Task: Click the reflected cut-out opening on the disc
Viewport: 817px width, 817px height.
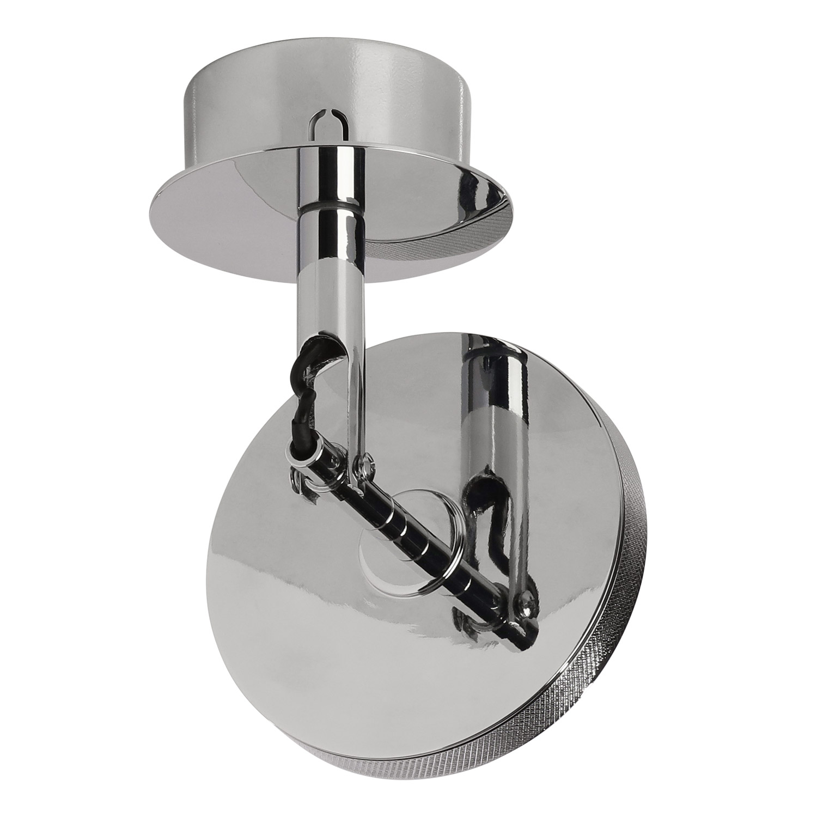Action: coord(479,485)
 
